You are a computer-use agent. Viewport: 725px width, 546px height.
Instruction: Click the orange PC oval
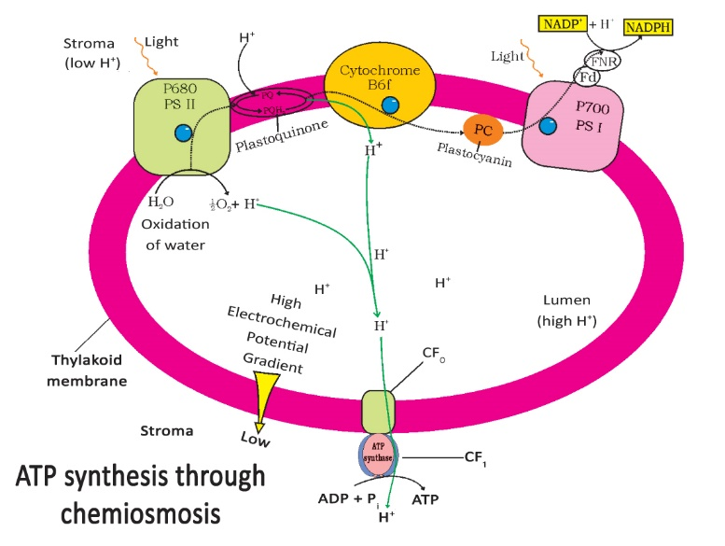483,132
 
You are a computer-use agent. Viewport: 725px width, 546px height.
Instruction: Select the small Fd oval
586,76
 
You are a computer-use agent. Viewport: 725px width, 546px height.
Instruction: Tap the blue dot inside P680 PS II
187,136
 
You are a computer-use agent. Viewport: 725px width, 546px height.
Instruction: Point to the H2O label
162,201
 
